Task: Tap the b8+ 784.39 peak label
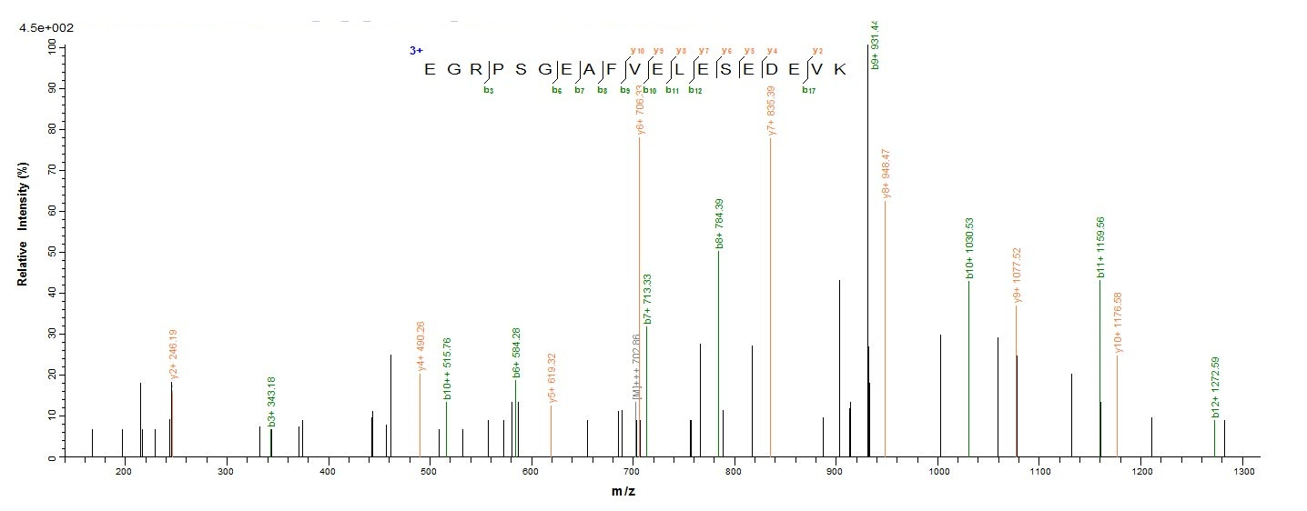[720, 223]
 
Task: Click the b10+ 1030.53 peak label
[970, 247]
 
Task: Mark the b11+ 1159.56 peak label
[1101, 247]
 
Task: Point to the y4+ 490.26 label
[420, 346]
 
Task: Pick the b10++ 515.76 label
[448, 368]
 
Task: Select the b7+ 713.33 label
[648, 298]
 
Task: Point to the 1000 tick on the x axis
[938, 470]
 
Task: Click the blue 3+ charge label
[416, 52]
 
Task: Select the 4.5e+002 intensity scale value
[46, 28]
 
